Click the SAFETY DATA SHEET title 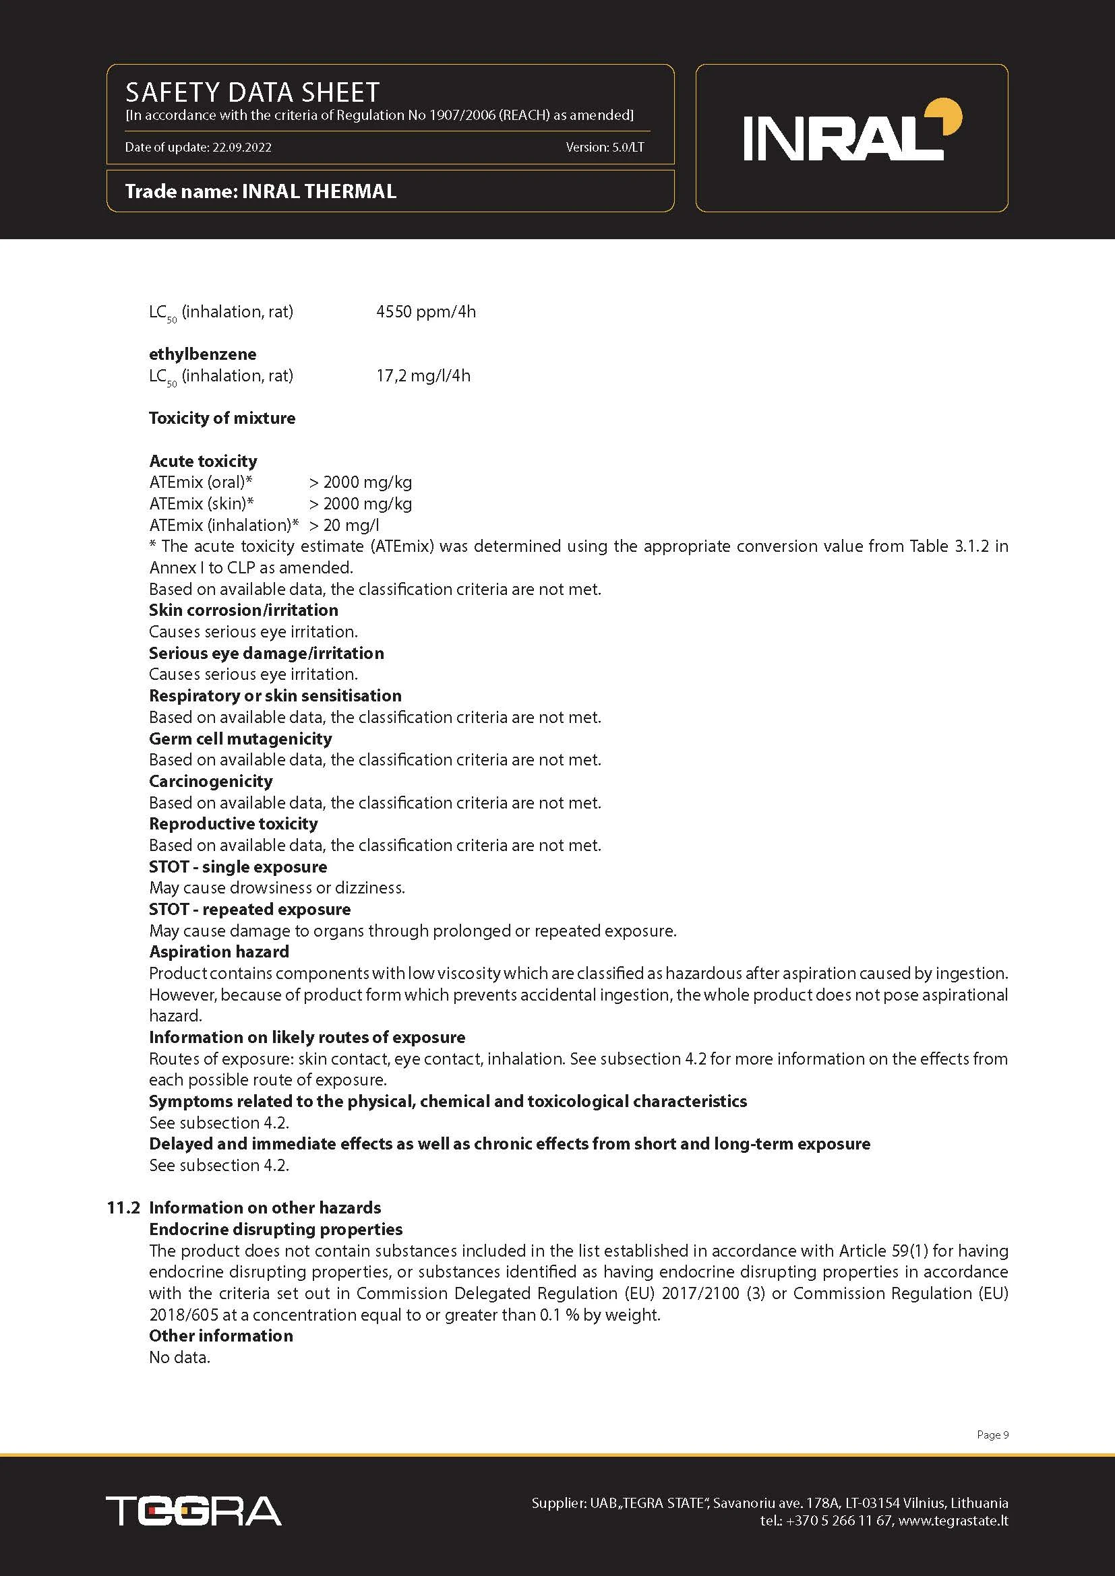tap(252, 92)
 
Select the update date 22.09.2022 tap(242, 147)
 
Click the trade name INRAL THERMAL tap(319, 191)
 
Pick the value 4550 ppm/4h tap(425, 312)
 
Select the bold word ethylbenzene tap(202, 354)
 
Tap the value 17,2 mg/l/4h tap(423, 375)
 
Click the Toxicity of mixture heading tap(222, 418)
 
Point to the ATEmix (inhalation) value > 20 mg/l tap(344, 525)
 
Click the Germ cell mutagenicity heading tap(240, 738)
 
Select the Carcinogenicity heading tap(211, 781)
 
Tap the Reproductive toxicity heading tap(233, 823)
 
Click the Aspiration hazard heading tap(219, 951)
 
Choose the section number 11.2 tap(123, 1207)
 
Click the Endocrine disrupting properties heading tap(275, 1229)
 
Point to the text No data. tap(179, 1357)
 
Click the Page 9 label tap(992, 1435)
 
